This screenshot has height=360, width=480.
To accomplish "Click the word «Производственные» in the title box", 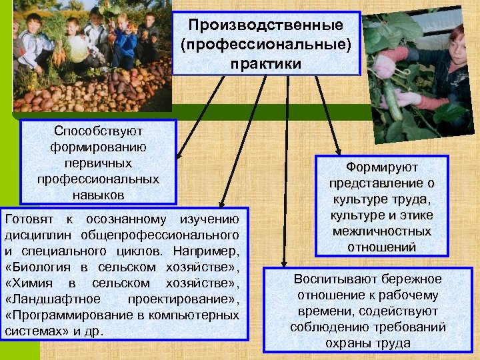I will pos(265,25).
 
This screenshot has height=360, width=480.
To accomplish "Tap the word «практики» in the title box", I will pos(265,63).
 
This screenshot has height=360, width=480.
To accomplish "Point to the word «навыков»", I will pos(98,195).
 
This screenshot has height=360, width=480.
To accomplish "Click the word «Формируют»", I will pos(383,167).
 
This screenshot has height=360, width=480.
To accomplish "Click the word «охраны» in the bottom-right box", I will pos(347,343).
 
